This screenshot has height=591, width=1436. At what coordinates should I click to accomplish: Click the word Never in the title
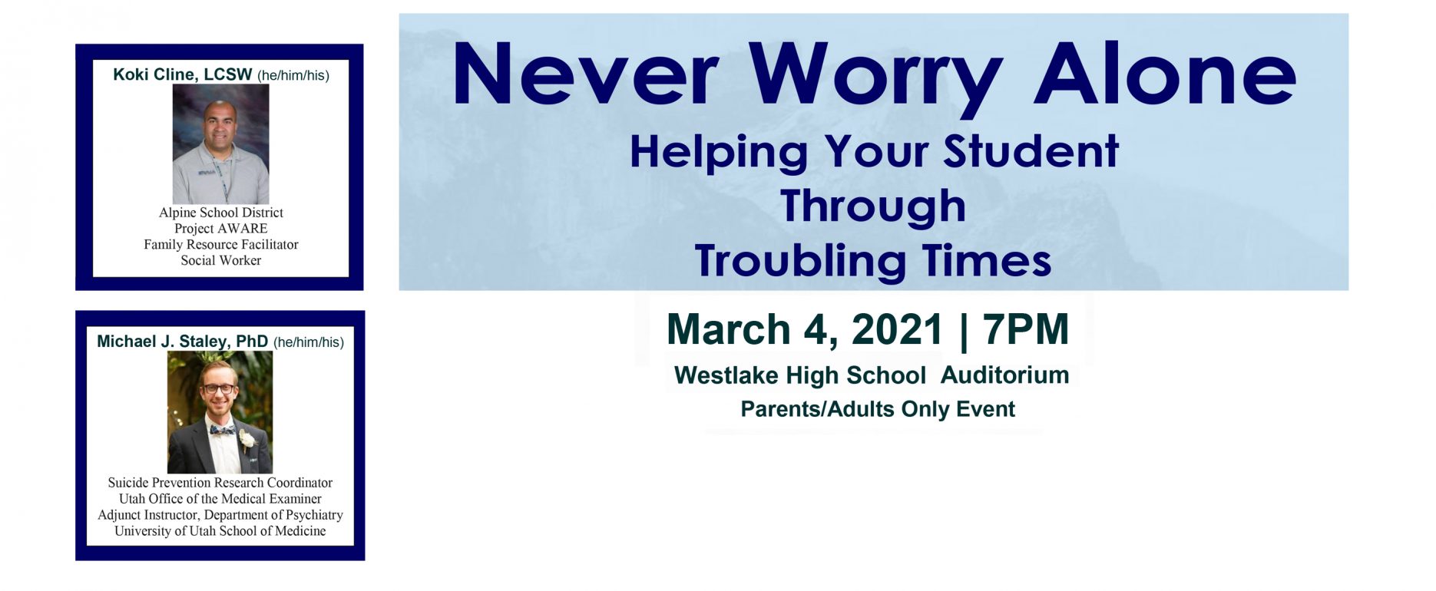(x=586, y=74)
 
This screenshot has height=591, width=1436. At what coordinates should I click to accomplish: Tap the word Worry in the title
(x=876, y=80)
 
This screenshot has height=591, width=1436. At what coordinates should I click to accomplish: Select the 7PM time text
(x=1025, y=329)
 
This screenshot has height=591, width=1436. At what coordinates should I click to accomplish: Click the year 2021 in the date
(x=897, y=329)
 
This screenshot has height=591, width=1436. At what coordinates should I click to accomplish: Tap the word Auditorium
(x=1004, y=375)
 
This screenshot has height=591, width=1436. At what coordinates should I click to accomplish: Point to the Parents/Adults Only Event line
(x=878, y=409)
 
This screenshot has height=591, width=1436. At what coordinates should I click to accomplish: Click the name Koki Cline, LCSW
(x=183, y=74)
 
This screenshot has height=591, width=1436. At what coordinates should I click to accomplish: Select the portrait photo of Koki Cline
(x=220, y=144)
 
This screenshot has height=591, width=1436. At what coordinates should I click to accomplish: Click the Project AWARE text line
(x=221, y=228)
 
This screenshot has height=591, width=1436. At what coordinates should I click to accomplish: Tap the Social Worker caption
(x=221, y=260)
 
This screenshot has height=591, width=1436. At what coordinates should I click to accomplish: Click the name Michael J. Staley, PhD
(x=183, y=342)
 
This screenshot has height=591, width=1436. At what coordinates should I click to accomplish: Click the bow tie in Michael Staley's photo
(x=222, y=431)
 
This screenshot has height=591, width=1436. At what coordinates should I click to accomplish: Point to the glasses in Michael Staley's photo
(x=218, y=388)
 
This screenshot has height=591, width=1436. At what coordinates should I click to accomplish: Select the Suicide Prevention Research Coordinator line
(x=220, y=483)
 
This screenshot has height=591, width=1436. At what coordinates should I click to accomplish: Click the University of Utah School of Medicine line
(x=220, y=530)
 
